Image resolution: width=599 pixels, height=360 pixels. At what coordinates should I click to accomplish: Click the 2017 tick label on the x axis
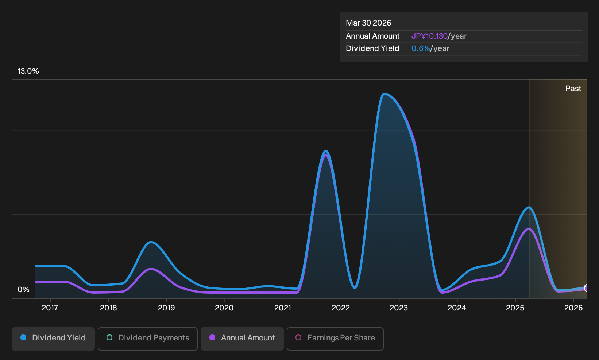(x=50, y=308)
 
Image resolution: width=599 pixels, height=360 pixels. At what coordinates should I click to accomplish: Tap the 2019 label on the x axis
(x=166, y=308)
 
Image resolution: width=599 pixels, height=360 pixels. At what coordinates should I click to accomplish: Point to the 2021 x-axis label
(x=283, y=308)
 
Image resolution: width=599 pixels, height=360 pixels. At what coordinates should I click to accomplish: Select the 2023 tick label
(x=399, y=308)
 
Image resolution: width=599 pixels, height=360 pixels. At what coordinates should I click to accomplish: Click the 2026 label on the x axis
(x=573, y=308)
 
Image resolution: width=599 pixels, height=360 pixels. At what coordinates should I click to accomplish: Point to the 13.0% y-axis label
(x=28, y=71)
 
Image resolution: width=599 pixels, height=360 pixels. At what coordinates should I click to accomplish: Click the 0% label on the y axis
(x=24, y=290)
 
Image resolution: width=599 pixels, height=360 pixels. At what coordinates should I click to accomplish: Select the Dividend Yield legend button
(x=53, y=339)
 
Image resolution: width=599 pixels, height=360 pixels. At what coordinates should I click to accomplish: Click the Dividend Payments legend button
(x=148, y=339)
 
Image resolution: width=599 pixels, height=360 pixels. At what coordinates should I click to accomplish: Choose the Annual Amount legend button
(x=242, y=339)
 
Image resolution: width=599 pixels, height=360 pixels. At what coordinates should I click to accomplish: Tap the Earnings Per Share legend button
(x=335, y=339)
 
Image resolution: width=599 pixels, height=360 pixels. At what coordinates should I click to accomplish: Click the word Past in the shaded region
(x=573, y=89)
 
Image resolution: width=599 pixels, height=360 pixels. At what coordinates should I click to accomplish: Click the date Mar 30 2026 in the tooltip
(x=368, y=23)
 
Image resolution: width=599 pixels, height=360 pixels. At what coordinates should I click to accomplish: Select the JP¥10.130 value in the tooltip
(x=429, y=36)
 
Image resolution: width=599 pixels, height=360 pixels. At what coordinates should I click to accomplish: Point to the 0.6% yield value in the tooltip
(x=421, y=48)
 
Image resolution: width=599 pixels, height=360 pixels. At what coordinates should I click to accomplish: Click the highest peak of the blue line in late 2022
(x=384, y=94)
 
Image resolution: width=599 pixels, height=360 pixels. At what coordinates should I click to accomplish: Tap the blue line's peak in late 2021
(x=325, y=151)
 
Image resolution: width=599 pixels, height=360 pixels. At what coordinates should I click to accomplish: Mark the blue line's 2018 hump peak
(x=151, y=242)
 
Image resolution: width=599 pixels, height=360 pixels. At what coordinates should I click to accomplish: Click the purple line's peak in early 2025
(x=529, y=229)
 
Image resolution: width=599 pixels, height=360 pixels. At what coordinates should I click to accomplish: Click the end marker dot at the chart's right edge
(x=586, y=288)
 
